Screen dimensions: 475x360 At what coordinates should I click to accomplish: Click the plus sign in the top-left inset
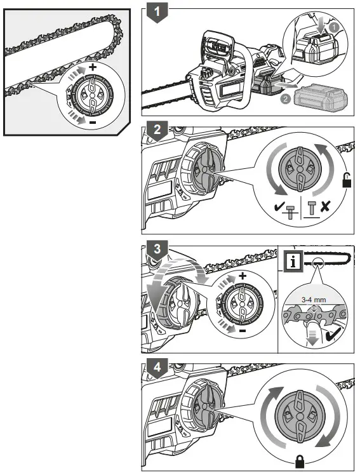coord(93,66)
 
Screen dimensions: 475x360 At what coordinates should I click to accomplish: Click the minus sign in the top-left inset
coord(93,121)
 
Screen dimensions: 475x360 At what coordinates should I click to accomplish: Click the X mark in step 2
coord(325,206)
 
